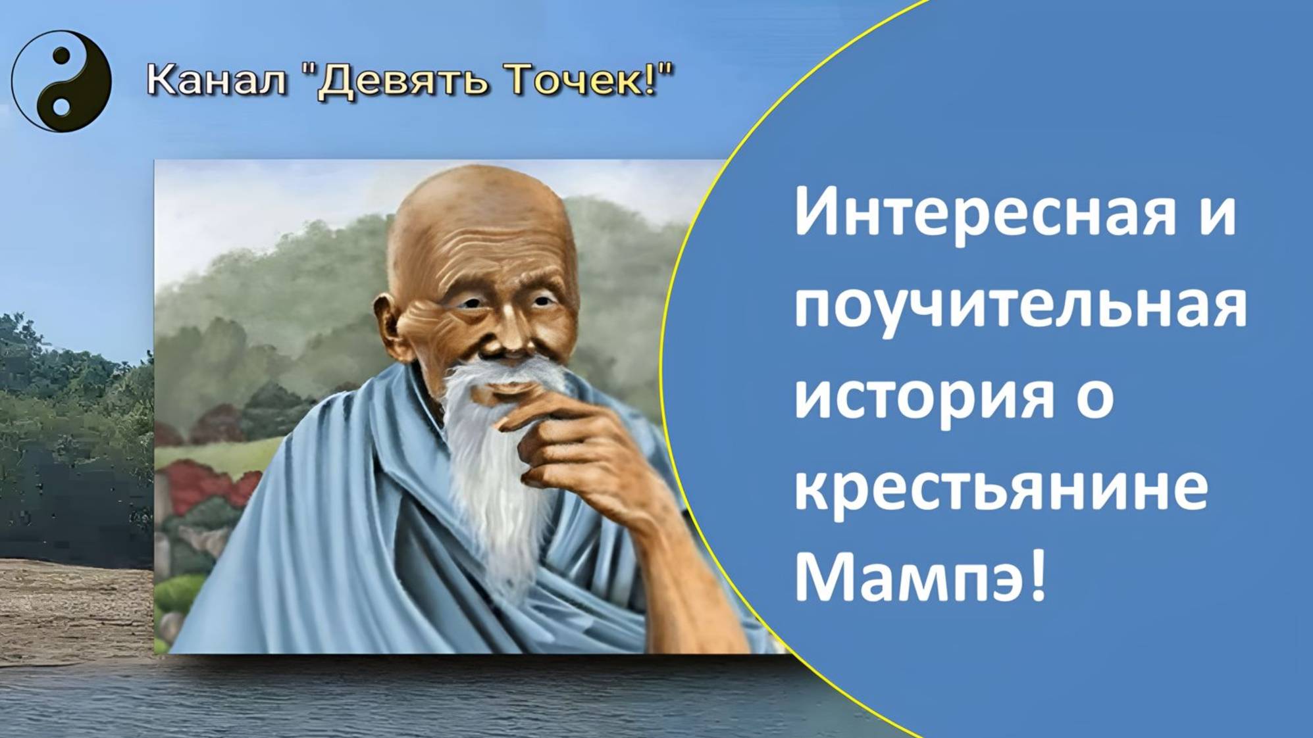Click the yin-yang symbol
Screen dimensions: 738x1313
pos(61,81)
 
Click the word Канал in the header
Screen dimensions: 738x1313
pos(217,80)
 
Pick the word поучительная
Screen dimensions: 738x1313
pos(1019,308)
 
